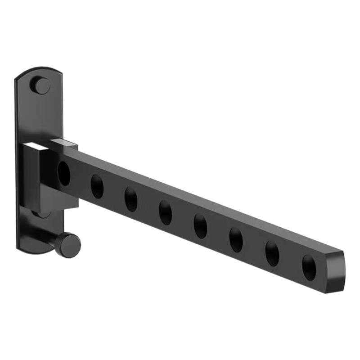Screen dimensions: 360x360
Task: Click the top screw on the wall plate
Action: click(x=41, y=86)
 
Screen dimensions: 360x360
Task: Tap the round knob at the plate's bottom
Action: click(x=70, y=245)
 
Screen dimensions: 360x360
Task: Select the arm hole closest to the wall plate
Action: click(x=64, y=173)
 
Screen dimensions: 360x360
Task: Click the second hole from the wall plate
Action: click(x=97, y=186)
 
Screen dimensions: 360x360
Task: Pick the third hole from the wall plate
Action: click(x=131, y=198)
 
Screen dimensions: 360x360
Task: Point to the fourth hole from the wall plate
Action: click(x=165, y=211)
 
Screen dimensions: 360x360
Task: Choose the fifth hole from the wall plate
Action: click(x=200, y=225)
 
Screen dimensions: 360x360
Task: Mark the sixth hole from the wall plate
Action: click(x=236, y=239)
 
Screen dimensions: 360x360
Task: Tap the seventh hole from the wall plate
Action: click(x=272, y=253)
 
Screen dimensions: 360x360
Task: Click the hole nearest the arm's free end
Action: click(x=309, y=267)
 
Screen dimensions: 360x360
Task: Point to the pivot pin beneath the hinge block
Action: click(x=43, y=214)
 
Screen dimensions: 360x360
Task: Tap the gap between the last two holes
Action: click(x=290, y=261)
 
